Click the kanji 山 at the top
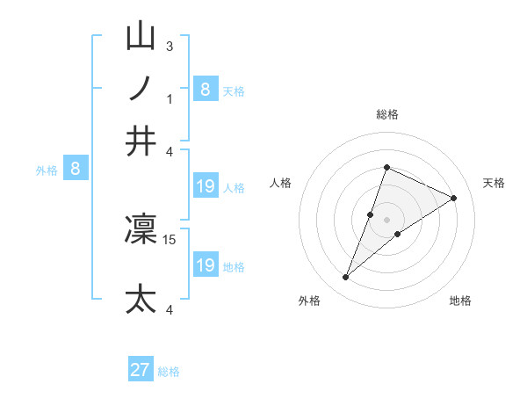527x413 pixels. [141, 37]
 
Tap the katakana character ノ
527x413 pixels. [141, 89]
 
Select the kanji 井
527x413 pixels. [141, 141]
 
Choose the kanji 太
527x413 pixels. [141, 298]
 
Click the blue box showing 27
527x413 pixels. [141, 370]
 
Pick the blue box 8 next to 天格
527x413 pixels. [206, 89]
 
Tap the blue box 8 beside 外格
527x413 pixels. [75, 170]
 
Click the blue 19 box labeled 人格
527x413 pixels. [206, 185]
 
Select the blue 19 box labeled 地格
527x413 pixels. [206, 264]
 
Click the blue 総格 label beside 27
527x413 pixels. [169, 372]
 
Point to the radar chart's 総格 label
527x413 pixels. [387, 115]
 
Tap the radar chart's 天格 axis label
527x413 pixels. [494, 183]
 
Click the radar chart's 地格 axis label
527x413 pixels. [460, 301]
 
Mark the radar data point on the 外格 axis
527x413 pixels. [346, 278]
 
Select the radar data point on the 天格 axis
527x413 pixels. [454, 198]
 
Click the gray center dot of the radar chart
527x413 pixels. [387, 219]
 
